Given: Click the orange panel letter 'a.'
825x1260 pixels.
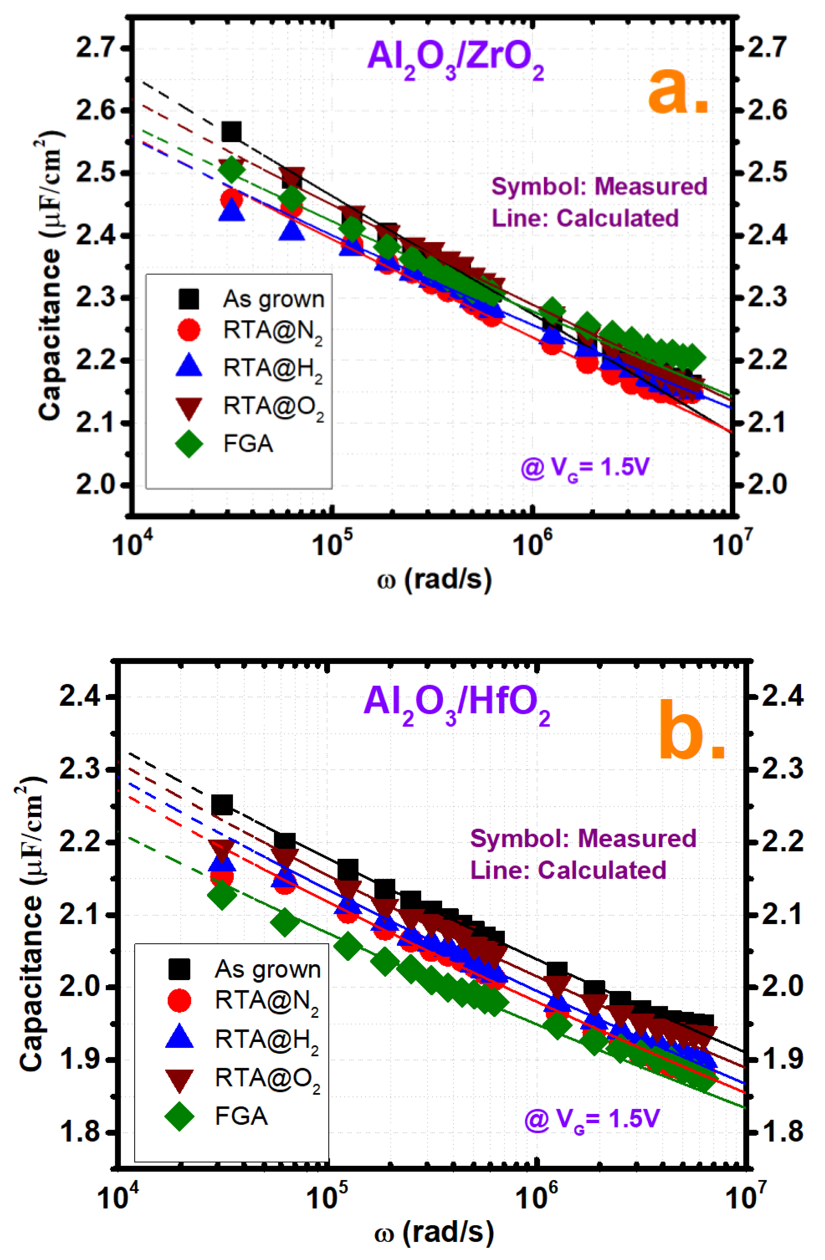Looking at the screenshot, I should coord(678,93).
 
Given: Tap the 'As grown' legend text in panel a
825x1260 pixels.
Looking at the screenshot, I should coord(273,299).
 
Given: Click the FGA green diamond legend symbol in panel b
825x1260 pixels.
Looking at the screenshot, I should coord(179,1117).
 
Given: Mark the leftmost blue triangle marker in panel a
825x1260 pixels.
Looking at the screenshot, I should coord(231,211).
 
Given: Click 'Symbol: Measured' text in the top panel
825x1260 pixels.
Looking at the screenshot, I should coord(599,186).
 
